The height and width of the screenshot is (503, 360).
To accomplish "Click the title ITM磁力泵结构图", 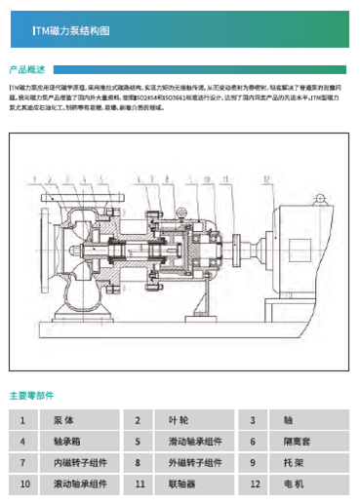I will (71, 31).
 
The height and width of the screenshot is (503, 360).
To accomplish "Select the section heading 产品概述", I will (27, 70).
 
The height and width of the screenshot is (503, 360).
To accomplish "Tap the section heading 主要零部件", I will (31, 396).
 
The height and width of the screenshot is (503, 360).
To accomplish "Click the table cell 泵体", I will (63, 420).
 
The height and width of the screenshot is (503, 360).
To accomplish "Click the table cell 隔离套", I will (297, 441).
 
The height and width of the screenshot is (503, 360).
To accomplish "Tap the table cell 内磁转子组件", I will (80, 461).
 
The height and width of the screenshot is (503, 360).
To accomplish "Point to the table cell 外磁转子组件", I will (193, 461).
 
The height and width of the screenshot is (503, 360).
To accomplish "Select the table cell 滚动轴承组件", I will (80, 483).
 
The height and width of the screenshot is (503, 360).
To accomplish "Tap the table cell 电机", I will (294, 483).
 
